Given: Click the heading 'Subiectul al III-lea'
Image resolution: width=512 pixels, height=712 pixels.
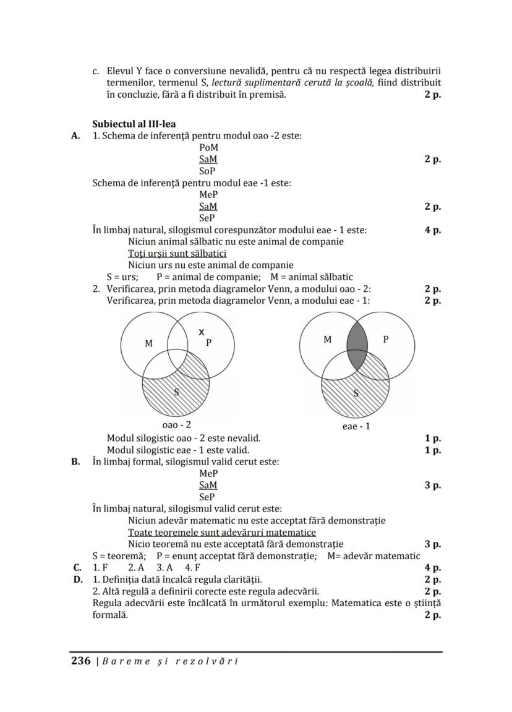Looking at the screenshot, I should [134, 124].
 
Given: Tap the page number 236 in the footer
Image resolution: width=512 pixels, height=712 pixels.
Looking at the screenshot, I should [81, 661].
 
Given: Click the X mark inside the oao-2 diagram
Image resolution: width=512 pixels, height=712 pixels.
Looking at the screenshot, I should [201, 332].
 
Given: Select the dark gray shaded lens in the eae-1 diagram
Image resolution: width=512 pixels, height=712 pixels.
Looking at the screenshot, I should [357, 346].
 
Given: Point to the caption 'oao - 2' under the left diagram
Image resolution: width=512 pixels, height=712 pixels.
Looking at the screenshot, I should [176, 425].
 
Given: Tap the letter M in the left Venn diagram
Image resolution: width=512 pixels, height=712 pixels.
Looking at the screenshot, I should [148, 343].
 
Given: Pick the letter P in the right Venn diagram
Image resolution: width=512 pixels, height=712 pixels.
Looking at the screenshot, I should [386, 339].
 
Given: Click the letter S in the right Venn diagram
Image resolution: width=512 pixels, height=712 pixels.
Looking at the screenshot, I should [356, 393].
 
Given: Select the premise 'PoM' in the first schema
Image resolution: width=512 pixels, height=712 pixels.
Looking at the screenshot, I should [208, 148].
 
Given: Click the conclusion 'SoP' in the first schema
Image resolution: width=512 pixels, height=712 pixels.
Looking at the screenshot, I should [207, 171].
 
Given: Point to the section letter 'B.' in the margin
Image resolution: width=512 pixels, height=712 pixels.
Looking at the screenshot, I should [77, 461].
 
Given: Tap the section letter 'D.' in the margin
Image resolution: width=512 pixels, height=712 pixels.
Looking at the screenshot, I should [77, 580].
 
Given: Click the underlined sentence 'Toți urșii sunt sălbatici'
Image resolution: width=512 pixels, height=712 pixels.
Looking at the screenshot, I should [177, 254].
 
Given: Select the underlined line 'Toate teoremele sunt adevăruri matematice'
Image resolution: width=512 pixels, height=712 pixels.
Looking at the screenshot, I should [221, 533].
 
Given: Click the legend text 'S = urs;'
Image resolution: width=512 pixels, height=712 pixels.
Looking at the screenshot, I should [122, 277].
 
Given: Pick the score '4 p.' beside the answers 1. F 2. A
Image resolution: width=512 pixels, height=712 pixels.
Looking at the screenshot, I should [432, 568].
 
